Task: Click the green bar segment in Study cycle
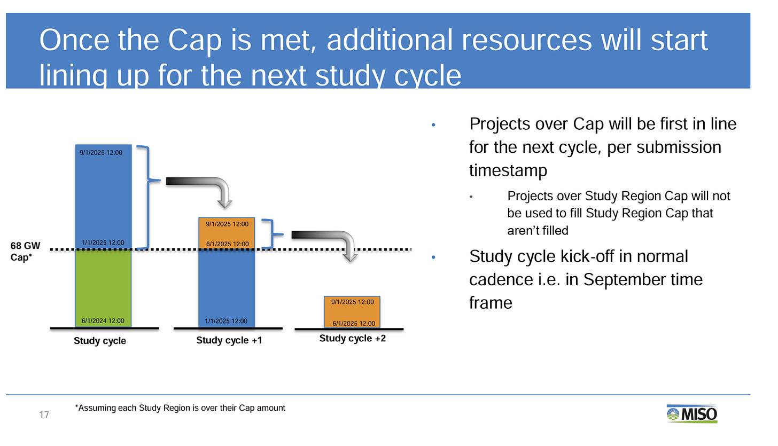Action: click(104, 288)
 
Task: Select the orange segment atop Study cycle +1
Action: click(227, 233)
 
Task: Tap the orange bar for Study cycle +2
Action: click(352, 312)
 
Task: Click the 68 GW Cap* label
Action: click(25, 251)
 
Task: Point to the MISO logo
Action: click(692, 414)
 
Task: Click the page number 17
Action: click(44, 415)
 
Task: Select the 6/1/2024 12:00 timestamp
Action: click(103, 320)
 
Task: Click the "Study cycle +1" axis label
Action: click(229, 340)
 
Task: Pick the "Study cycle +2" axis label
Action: click(353, 338)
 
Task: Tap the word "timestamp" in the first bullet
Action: click(508, 171)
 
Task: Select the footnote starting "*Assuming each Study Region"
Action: click(180, 408)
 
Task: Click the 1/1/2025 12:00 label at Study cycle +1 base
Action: click(226, 321)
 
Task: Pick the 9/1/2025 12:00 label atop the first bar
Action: click(101, 153)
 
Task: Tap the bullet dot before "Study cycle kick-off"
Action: click(433, 257)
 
